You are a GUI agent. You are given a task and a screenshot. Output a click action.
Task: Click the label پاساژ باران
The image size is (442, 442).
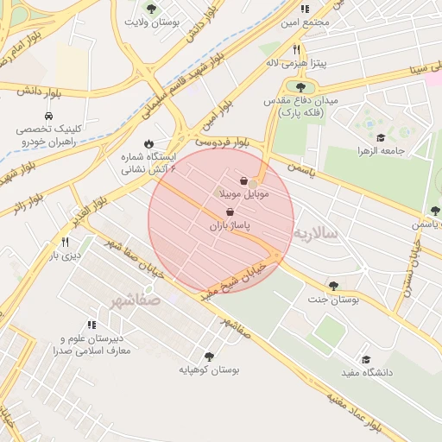point(229,226)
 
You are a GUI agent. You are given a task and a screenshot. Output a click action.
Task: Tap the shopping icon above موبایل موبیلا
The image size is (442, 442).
point(244,181)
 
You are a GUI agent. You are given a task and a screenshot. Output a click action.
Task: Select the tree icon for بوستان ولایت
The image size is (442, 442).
point(152,9)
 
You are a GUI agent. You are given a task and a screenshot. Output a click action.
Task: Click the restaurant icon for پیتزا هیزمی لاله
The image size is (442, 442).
point(296,49)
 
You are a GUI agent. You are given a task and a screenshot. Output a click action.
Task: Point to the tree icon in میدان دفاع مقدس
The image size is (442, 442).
point(300,87)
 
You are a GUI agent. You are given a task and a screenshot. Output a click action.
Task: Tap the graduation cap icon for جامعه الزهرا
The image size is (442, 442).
point(381,137)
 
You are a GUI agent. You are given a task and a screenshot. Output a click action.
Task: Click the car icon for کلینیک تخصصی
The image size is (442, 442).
point(47,115)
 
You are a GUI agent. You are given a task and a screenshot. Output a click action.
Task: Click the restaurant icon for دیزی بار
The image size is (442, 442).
point(66,242)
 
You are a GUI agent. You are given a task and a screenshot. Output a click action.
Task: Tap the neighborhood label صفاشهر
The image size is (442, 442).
point(136,300)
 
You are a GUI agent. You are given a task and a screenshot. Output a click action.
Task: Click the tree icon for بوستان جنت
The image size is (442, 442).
point(333,286)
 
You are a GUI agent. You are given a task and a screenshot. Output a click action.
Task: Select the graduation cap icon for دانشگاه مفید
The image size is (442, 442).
point(366,359)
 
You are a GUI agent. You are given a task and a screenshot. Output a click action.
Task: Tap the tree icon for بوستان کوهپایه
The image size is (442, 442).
point(209,356)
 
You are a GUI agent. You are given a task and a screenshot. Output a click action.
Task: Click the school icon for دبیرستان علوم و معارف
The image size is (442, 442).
point(92,325)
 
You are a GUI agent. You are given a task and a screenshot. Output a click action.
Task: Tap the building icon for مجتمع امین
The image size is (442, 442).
point(304,9)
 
